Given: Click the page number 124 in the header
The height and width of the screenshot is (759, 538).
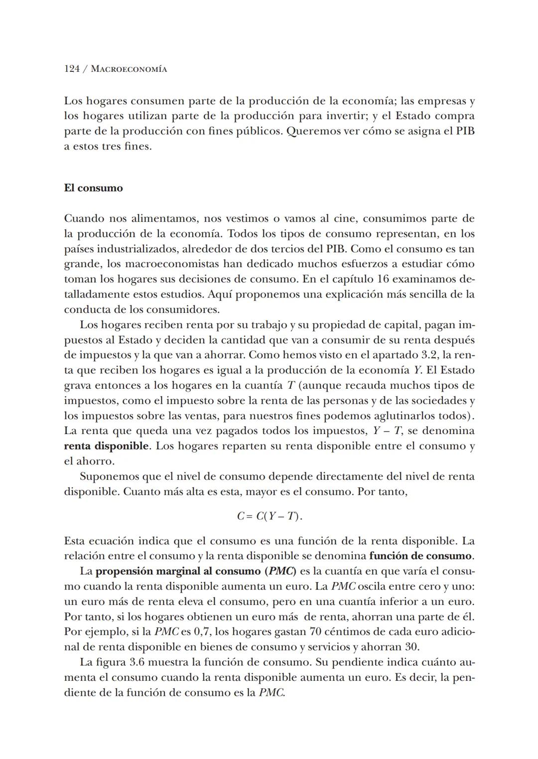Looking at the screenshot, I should [72, 69].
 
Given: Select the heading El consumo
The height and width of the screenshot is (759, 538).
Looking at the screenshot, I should [93, 188].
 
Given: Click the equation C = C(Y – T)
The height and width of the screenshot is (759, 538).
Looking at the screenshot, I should [269, 516].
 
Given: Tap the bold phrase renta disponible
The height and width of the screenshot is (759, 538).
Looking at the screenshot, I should [106, 446].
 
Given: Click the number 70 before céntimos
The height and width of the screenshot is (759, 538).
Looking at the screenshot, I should [316, 632].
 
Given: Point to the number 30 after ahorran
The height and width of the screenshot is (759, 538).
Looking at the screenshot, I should [411, 647].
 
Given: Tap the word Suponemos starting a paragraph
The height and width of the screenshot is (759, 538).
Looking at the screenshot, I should [109, 477].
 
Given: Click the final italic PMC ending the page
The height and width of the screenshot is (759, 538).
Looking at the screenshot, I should [272, 693].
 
